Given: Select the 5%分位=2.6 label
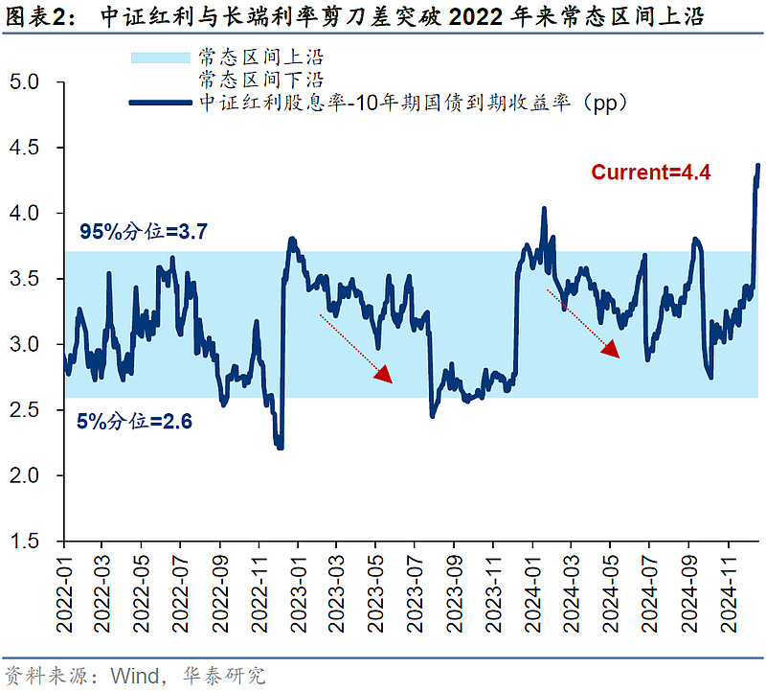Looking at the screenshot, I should [x=135, y=420].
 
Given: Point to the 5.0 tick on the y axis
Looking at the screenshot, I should [x=36, y=82].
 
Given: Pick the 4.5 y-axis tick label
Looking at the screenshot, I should [x=36, y=148].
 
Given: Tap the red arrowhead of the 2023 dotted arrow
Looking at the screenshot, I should [x=384, y=374].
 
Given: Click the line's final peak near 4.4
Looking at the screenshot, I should [x=758, y=166].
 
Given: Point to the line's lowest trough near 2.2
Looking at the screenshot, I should [x=279, y=447].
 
